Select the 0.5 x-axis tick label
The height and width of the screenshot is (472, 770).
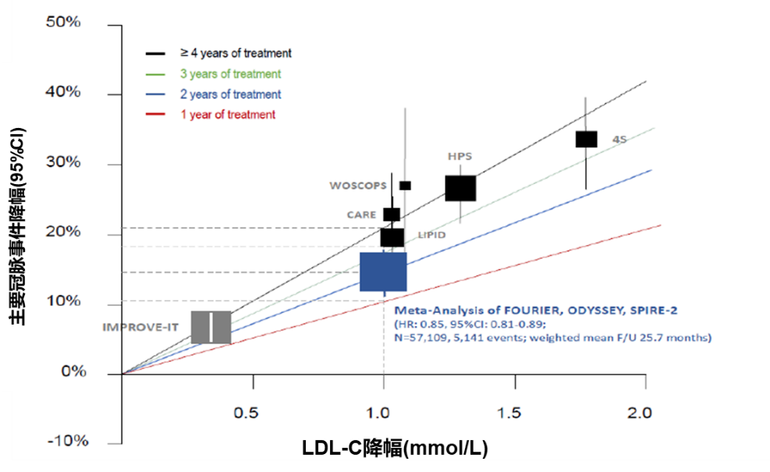pyautogui.click(x=252, y=410)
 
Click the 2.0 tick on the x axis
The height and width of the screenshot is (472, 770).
pyautogui.click(x=644, y=410)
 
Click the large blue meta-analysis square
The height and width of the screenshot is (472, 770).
pyautogui.click(x=383, y=271)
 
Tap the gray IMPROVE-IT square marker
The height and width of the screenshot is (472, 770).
pyautogui.click(x=211, y=327)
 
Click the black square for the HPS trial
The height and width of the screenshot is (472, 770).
pyautogui.click(x=460, y=188)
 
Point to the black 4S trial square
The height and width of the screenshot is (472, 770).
pyautogui.click(x=586, y=139)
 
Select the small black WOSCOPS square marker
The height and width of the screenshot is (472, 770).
pyautogui.click(x=405, y=186)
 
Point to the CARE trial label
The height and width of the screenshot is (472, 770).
pyautogui.click(x=362, y=214)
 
